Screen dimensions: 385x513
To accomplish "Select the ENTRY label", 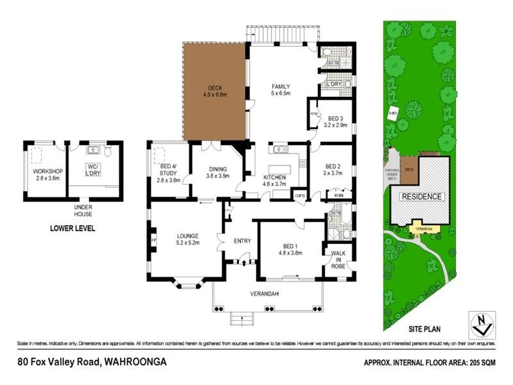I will click(x=242, y=241).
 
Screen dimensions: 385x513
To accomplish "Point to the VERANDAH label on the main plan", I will click(x=263, y=295).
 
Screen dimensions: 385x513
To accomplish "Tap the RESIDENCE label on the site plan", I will click(x=421, y=196).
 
